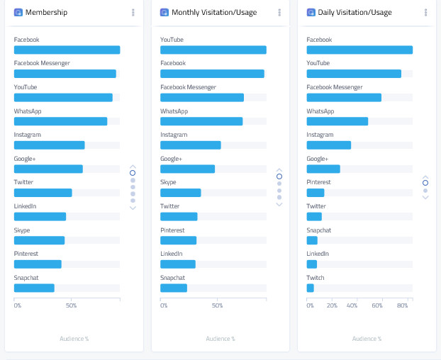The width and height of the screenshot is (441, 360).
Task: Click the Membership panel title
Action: click(46, 12)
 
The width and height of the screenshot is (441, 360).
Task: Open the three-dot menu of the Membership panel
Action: click(133, 12)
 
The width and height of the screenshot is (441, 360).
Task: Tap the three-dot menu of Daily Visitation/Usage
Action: click(425, 12)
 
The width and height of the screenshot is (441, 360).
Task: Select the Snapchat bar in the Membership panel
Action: click(34, 288)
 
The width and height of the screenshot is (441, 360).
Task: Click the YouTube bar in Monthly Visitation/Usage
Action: click(213, 50)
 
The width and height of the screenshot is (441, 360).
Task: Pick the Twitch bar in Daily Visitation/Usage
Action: click(310, 288)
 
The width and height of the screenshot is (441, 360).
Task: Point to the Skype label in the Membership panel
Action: click(22, 230)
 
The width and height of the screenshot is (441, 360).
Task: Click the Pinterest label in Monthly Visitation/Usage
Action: click(172, 230)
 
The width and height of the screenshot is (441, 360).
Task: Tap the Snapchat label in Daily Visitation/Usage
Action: click(318, 230)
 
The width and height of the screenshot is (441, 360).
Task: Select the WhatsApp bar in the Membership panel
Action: click(60, 121)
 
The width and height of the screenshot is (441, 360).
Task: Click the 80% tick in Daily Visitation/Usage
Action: click(402, 305)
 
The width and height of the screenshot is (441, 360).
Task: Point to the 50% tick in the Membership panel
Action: click(71, 305)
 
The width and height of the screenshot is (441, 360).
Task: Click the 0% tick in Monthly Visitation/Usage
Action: click(164, 305)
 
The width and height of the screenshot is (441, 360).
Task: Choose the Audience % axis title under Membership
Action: click(74, 339)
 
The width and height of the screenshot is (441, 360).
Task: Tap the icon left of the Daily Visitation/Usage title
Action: click(311, 12)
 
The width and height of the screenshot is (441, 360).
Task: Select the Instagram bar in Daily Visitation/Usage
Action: click(328, 145)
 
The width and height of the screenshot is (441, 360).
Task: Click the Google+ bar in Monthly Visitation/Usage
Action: click(187, 169)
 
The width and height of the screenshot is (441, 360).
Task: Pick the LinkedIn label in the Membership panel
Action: click(25, 206)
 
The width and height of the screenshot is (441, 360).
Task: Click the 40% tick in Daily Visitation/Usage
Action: click(352, 305)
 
